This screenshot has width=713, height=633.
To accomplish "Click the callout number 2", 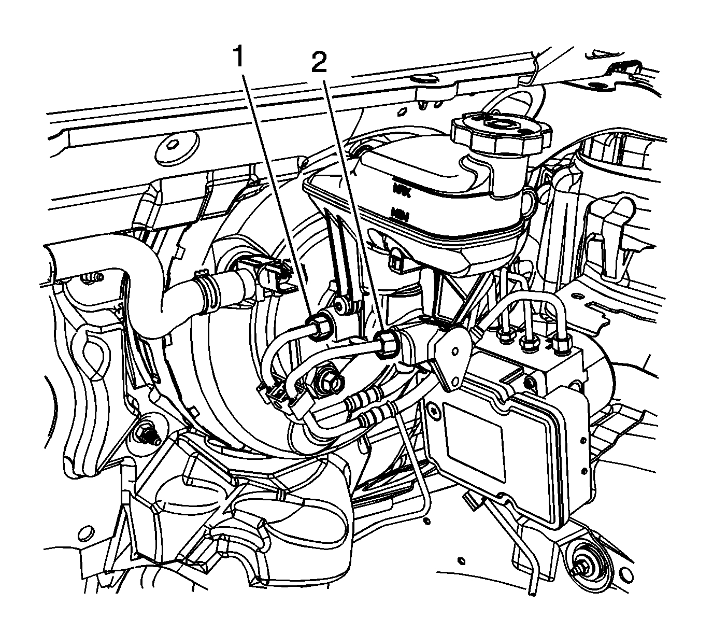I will [319, 63].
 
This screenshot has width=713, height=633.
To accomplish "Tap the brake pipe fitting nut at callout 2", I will [388, 343].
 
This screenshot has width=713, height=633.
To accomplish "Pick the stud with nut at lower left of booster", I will [148, 433].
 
